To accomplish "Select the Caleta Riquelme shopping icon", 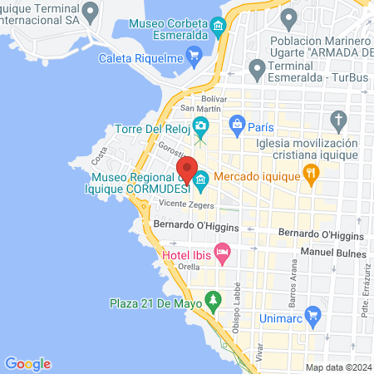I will pos(195,57).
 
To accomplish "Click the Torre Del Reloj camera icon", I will pos(200,127).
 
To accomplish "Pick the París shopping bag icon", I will pos(237,127).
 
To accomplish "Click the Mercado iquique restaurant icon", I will pos(312,175).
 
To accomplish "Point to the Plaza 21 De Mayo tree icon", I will pos(214,298).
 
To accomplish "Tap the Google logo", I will pos(27,363).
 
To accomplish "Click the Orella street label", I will pos(189,268).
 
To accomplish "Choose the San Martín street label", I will pos(199,109).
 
